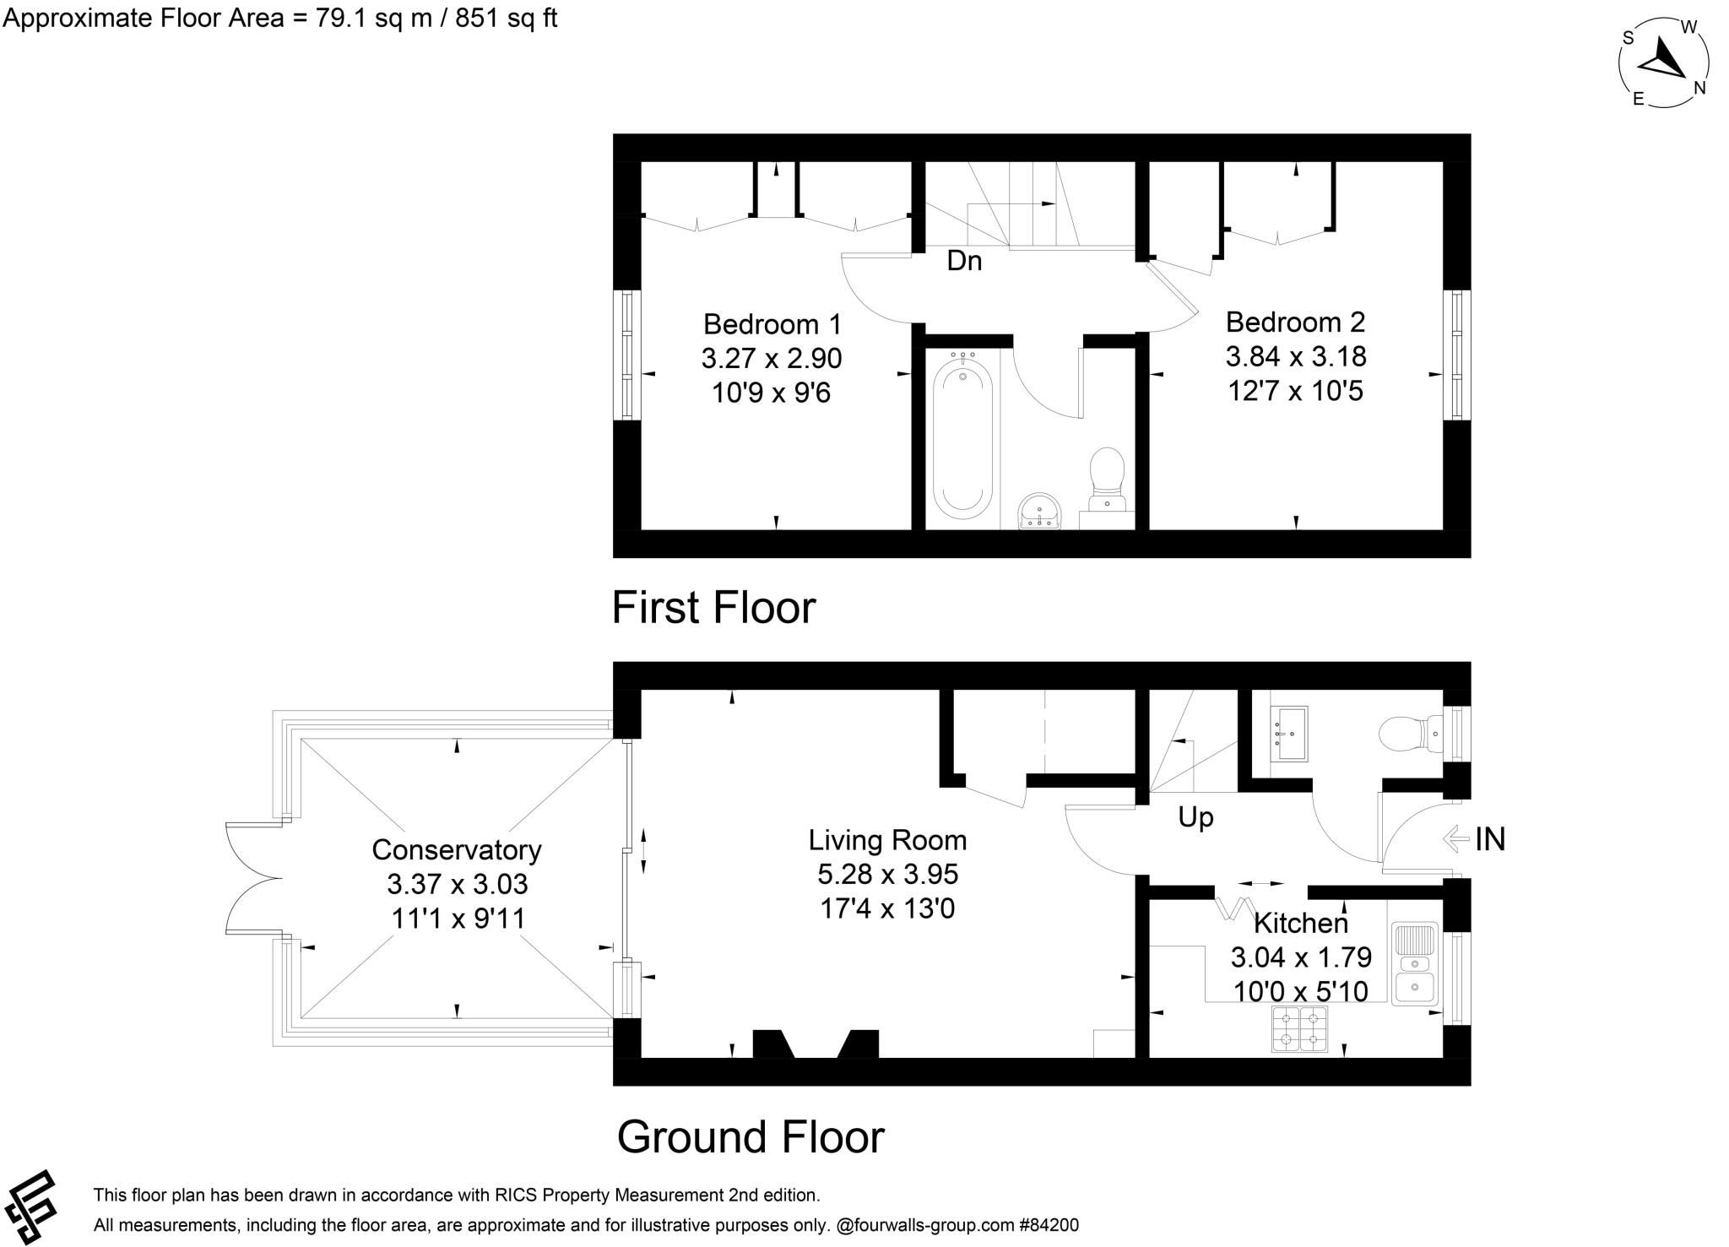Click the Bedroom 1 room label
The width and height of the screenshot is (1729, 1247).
(772, 324)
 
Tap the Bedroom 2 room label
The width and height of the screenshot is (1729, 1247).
(1295, 322)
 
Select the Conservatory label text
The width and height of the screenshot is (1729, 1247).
(457, 849)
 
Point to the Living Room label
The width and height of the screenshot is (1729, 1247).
(887, 840)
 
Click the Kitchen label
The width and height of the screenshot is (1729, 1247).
(1300, 923)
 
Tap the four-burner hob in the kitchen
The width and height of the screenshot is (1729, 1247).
(1300, 1029)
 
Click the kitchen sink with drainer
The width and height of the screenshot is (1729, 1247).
(1416, 963)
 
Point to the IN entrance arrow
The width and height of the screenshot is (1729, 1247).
(1458, 839)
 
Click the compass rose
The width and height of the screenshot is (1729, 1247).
(1664, 63)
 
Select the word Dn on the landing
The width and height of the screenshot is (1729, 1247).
(964, 261)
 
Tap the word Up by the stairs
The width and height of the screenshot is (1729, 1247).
(1195, 817)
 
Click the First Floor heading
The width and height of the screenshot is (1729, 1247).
(713, 607)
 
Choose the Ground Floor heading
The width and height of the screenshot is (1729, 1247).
(751, 1136)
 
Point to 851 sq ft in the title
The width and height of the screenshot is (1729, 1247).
(506, 18)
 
